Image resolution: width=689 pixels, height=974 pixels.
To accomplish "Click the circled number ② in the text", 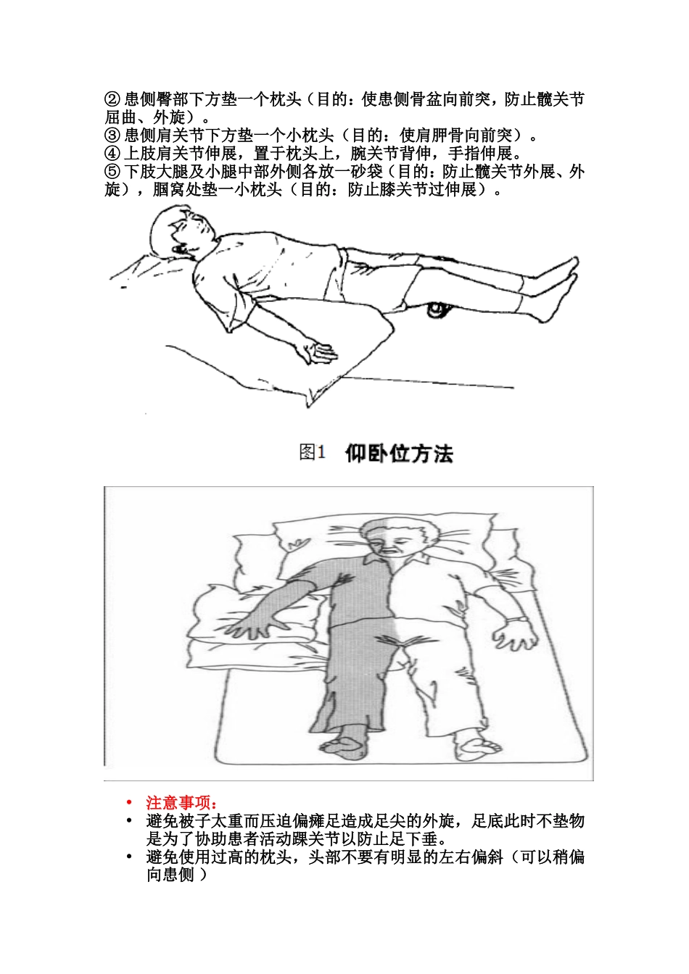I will click(112, 99).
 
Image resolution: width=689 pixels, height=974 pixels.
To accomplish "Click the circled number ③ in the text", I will click(112, 136).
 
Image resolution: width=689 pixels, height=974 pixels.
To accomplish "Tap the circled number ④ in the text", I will click(112, 154).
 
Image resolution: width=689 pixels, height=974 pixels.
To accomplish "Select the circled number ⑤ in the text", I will click(112, 172).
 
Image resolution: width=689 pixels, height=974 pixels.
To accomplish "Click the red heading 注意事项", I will click(181, 803).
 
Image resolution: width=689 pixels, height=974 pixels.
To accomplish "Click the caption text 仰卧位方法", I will click(399, 454).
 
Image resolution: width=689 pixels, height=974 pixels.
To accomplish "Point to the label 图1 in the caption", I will click(312, 453).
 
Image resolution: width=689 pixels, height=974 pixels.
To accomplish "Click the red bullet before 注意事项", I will click(129, 803).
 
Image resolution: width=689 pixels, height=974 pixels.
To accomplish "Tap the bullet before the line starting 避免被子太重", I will click(129, 821).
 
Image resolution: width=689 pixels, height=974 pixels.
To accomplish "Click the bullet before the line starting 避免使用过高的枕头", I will click(129, 857).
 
